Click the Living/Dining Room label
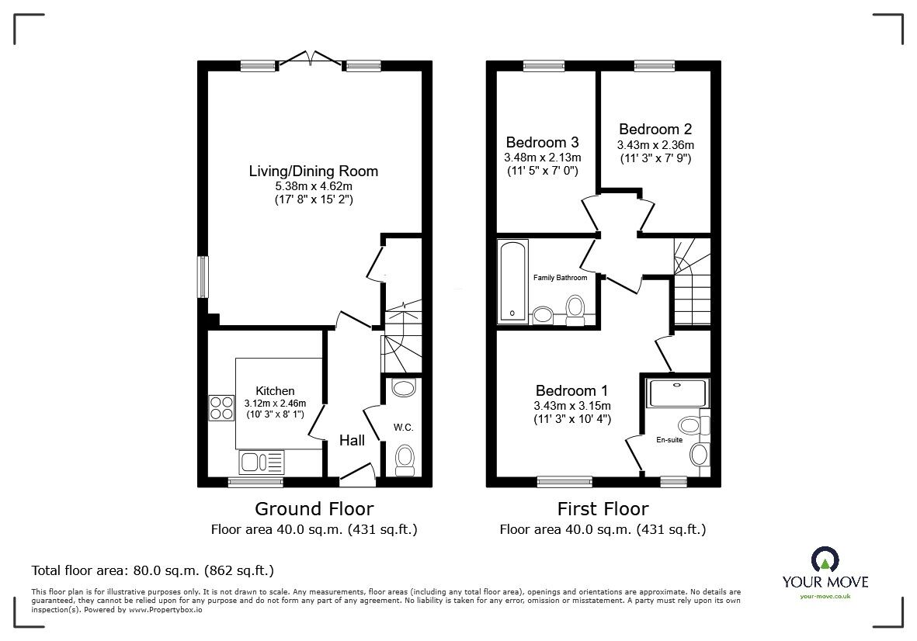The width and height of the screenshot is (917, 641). tap(313, 171)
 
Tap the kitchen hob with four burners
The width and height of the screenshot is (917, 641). tap(221, 408)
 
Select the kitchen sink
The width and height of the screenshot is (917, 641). tap(263, 463)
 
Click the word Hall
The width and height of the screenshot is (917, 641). tap(352, 441)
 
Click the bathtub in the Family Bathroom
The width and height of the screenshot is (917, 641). tap(513, 281)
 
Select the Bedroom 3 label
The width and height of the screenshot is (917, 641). tap(542, 143)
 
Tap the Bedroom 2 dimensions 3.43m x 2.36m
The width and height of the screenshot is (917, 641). tap(655, 145)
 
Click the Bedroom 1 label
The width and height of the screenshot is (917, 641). tap(571, 390)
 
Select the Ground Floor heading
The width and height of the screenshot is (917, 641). tap(314, 509)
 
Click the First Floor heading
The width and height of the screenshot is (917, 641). tap(603, 509)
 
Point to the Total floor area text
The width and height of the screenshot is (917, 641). tap(152, 570)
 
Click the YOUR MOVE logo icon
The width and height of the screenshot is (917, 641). tap(823, 560)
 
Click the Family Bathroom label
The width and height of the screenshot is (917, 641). tap(559, 278)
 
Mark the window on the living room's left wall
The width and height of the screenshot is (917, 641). tap(203, 277)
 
